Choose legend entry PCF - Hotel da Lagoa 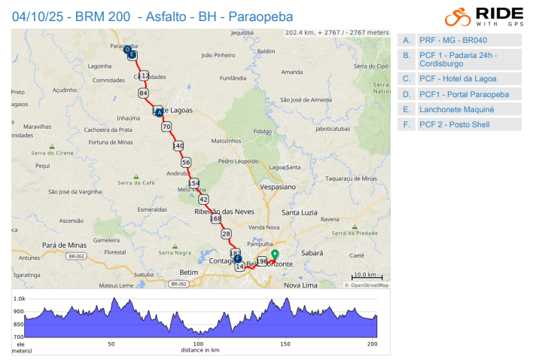coord(458,78)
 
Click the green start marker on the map coord(275,255)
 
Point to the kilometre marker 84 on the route coord(143,93)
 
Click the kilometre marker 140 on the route coord(178,145)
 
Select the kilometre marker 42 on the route coord(203,199)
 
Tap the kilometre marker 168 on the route coord(216,218)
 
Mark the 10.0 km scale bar coord(368,276)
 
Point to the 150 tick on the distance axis coord(285,344)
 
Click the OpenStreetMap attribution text coord(367,285)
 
